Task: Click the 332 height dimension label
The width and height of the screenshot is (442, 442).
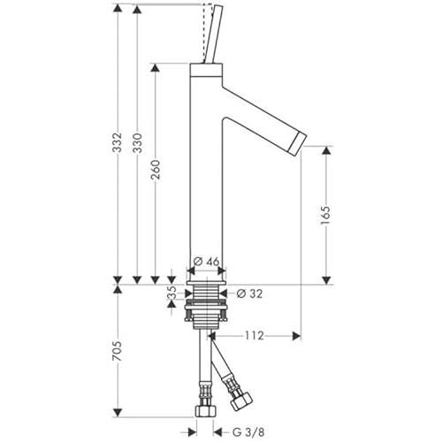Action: (x=118, y=142)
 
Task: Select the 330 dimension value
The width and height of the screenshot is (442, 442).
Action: (x=137, y=143)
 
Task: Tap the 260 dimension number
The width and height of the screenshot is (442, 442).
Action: (x=156, y=170)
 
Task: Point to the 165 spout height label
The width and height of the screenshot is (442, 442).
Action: (x=326, y=216)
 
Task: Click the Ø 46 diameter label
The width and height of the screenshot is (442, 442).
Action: (x=207, y=261)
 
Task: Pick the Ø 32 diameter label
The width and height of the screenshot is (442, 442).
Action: (x=249, y=293)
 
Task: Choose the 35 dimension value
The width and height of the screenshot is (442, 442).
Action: (x=171, y=293)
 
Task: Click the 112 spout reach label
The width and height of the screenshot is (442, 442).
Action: (x=255, y=336)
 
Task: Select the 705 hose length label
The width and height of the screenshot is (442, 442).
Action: (x=118, y=351)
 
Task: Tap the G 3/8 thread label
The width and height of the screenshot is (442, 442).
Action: (x=248, y=432)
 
